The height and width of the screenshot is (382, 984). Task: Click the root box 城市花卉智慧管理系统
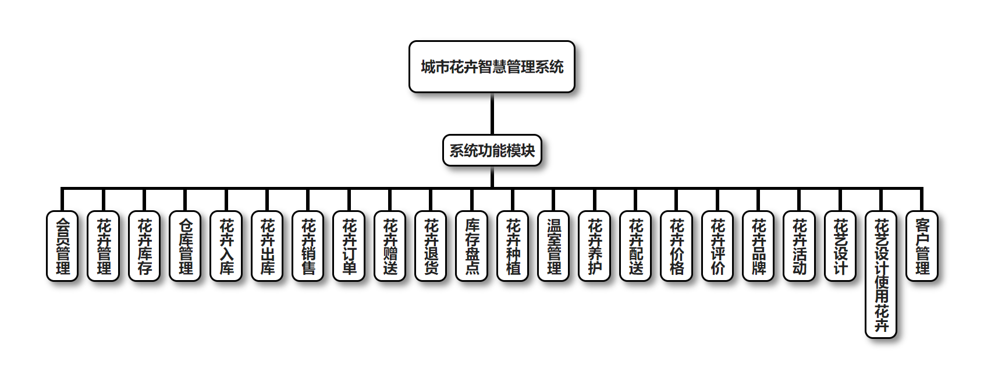point(492,67)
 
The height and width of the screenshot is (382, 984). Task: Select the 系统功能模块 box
point(492,151)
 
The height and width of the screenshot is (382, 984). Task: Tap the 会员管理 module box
point(62,246)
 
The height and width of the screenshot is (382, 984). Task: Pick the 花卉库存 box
point(144,246)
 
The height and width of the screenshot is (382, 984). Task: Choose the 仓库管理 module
point(185,246)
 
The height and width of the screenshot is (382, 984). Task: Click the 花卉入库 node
point(226,246)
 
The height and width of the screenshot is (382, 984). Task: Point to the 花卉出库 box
point(267,246)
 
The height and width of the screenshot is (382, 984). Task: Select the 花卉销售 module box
point(308,246)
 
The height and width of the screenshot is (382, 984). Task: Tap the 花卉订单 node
point(349,246)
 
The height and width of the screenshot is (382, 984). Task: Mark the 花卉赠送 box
point(390,246)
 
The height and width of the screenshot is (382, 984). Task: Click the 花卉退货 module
point(431,246)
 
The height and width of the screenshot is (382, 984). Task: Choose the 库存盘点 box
point(472,246)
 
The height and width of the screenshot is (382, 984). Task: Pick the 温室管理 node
point(554,246)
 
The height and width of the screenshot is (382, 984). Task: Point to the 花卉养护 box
point(595,246)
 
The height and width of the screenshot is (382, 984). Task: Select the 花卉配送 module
point(636,246)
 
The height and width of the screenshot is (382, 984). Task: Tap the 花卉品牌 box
point(759,246)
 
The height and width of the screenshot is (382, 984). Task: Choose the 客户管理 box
point(922,246)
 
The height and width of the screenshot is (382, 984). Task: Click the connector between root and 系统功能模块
point(492,114)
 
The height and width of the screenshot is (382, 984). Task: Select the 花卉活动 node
point(800,246)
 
